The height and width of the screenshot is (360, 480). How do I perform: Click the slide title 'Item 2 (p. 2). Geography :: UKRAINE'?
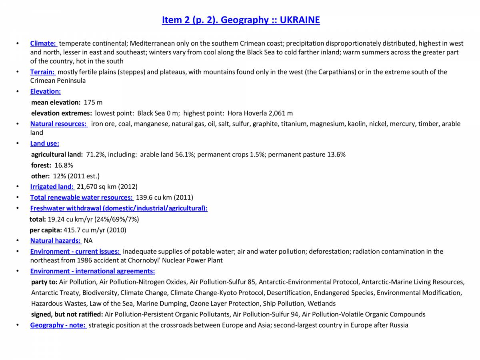coord(240,20)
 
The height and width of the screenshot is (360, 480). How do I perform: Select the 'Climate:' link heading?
coord(43,43)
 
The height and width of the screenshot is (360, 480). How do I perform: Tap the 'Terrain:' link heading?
coord(43,72)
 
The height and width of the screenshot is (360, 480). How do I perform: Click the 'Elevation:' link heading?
coord(45,91)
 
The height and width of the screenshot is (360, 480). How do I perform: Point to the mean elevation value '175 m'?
coord(93,102)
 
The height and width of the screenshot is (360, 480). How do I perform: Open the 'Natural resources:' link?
coord(59,124)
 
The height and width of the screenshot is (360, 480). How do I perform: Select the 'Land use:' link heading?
coord(44,143)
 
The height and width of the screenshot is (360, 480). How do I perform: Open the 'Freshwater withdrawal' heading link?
coord(118,208)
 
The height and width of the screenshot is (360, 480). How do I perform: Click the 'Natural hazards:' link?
coord(56,241)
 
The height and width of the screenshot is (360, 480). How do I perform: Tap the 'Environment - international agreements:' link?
coord(92,271)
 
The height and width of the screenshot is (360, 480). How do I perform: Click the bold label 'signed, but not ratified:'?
coord(67,314)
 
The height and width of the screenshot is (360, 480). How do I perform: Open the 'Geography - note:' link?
coord(58,325)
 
